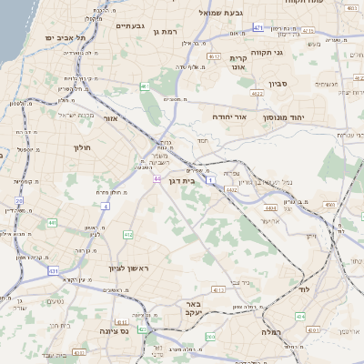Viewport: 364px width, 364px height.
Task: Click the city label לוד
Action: point(304,288)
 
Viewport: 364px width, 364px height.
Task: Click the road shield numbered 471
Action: point(258,28)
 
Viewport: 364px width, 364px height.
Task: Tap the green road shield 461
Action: point(145,86)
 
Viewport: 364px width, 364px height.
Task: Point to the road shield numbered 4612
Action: point(215,56)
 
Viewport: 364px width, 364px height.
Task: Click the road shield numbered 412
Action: point(127,235)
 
